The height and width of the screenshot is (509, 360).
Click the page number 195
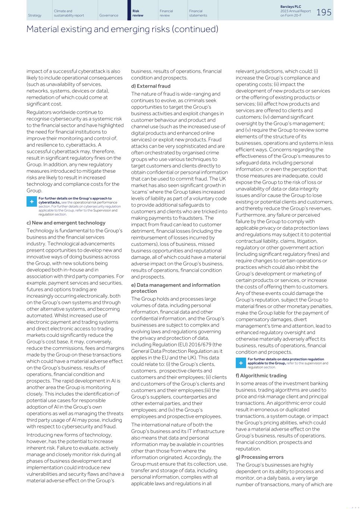click(324, 12)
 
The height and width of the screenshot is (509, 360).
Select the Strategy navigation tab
click(35, 15)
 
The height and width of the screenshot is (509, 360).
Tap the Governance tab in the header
click(109, 15)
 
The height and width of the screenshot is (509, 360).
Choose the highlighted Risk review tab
click(138, 13)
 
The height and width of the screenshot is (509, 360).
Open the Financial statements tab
click(198, 13)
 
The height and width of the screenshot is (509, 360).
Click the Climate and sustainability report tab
click(69, 13)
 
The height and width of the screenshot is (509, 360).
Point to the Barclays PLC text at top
click(290, 7)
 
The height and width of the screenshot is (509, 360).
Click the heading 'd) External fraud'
click(151, 86)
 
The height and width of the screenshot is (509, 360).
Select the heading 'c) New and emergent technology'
click(66, 223)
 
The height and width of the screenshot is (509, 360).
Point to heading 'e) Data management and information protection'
click(175, 288)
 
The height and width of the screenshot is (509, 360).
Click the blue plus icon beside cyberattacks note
click(32, 202)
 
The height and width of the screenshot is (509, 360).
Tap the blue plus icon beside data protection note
click(241, 362)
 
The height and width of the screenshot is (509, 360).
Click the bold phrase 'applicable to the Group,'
click(266, 363)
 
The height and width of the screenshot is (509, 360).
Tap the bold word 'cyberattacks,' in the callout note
click(49, 202)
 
